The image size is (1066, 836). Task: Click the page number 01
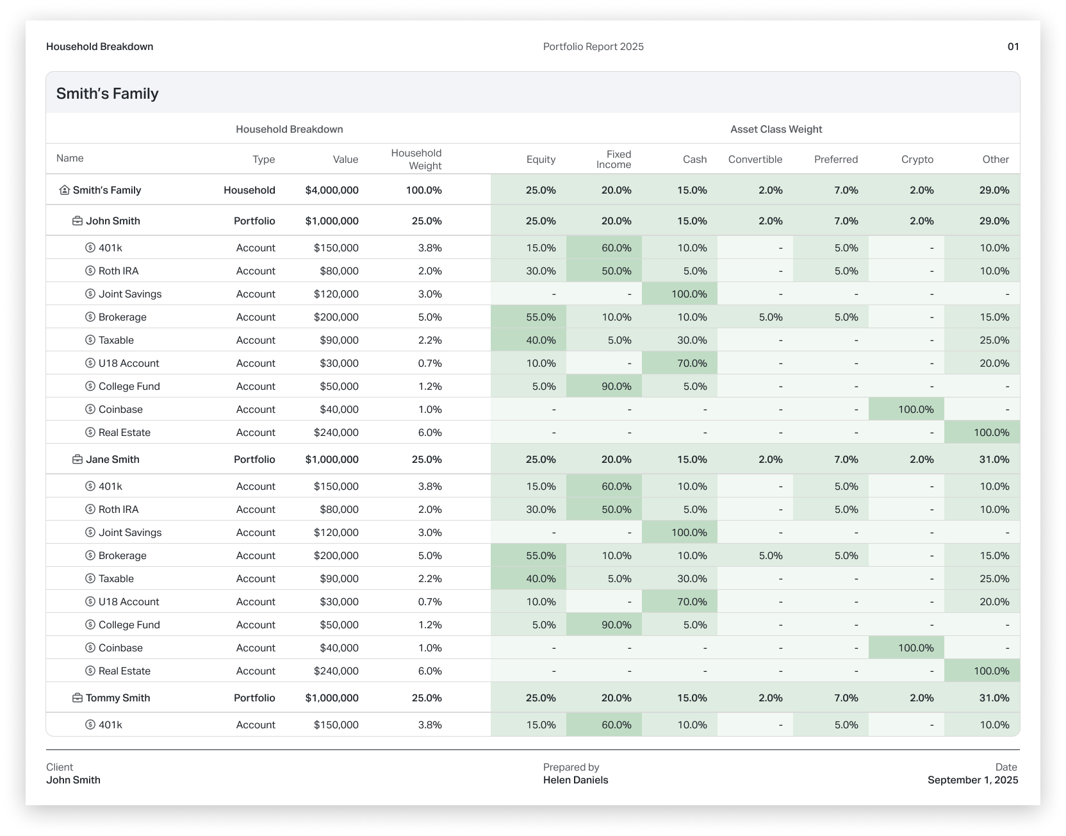pyautogui.click(x=1013, y=47)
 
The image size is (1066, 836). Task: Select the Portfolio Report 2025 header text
pyautogui.click(x=593, y=47)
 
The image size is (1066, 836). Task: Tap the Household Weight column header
pyautogui.click(x=416, y=160)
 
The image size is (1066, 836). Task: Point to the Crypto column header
pyautogui.click(x=917, y=160)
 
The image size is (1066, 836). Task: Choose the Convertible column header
pyautogui.click(x=755, y=160)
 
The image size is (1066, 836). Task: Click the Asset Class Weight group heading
pyautogui.click(x=776, y=130)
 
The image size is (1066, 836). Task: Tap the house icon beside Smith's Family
pyautogui.click(x=64, y=190)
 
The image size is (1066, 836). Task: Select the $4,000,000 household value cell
pyautogui.click(x=332, y=190)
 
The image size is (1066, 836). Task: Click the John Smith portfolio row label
pyautogui.click(x=113, y=221)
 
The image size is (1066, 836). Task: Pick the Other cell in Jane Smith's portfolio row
pyautogui.click(x=994, y=460)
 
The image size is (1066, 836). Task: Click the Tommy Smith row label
pyautogui.click(x=118, y=698)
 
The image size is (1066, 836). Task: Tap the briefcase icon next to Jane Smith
pyautogui.click(x=78, y=460)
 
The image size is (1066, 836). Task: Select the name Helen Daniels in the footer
pyautogui.click(x=575, y=780)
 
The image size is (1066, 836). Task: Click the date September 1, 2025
pyautogui.click(x=972, y=780)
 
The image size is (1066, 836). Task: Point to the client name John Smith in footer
pyautogui.click(x=73, y=780)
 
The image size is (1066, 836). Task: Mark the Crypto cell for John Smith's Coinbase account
pyautogui.click(x=915, y=410)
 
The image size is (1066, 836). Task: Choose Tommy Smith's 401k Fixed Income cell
pyautogui.click(x=616, y=725)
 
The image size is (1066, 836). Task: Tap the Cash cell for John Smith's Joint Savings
pyautogui.click(x=689, y=294)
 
